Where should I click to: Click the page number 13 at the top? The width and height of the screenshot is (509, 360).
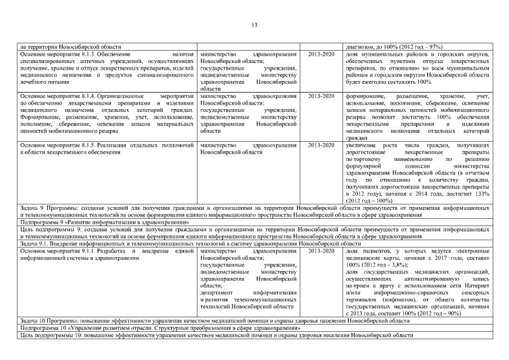254,25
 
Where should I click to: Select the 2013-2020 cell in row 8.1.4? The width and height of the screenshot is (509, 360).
321,96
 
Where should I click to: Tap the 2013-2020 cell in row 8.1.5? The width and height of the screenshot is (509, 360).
321,145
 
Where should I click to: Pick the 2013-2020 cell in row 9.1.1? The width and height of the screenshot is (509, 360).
321,250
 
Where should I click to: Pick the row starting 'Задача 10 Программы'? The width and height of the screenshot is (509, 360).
214,320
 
